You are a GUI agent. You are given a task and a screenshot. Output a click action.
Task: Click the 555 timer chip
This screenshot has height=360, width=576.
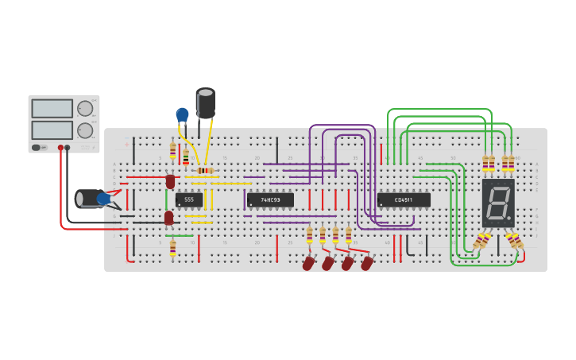pos(189,199)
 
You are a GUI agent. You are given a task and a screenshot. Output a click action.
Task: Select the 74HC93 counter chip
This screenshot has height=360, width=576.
pos(270,199)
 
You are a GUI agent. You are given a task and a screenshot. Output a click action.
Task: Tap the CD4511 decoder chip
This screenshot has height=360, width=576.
pos(404,199)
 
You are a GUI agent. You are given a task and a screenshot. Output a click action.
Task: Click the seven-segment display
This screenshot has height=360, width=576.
pos(498,202)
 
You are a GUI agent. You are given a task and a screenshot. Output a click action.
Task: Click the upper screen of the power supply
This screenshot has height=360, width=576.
pos(52,108)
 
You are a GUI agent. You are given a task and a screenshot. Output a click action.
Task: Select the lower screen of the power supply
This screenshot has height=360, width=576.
pos(52,130)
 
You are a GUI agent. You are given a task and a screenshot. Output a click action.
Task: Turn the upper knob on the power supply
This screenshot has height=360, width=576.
pos(84,108)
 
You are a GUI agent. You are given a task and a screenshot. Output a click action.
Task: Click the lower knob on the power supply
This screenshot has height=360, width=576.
pos(84,130)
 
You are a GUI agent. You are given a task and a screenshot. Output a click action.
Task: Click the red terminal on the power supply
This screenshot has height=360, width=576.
pos(60,148)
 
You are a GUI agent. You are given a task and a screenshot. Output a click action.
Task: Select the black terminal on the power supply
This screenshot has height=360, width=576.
pos(68,148)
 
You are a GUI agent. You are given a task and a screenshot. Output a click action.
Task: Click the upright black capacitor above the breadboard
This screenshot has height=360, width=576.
pos(205,103)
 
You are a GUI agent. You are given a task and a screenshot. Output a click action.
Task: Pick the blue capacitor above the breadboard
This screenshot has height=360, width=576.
pos(182,115)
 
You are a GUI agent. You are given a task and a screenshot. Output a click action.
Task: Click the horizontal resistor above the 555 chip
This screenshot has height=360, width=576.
pos(204,171)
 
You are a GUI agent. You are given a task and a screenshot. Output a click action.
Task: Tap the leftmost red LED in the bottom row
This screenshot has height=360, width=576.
pos(308,263)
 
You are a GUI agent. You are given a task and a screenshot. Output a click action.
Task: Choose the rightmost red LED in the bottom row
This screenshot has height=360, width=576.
pos(366,263)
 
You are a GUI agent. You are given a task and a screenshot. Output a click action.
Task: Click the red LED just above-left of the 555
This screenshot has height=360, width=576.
pos(170,182)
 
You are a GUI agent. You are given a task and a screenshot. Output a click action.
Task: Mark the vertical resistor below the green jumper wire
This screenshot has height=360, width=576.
pos(172,248)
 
